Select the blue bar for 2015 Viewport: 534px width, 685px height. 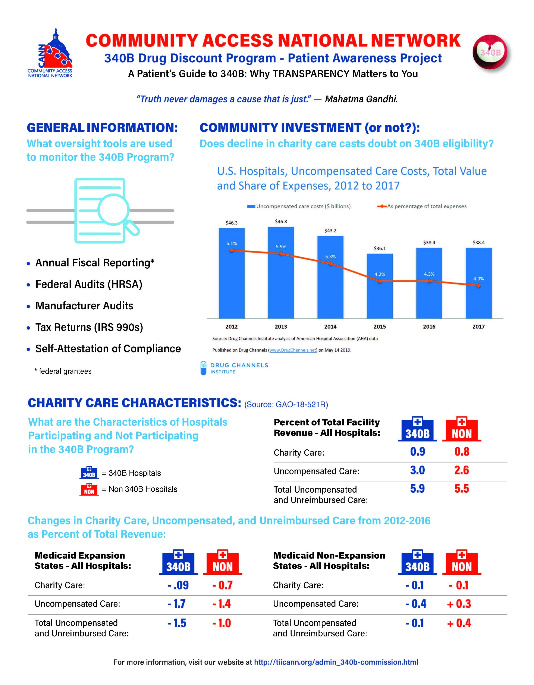click(380, 285)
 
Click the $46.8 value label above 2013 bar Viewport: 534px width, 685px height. click(281, 221)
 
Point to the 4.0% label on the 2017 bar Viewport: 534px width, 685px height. click(478, 278)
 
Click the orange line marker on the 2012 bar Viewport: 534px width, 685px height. click(232, 250)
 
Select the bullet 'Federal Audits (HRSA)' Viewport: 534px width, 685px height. click(89, 284)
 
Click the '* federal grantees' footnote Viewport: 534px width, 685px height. click(63, 371)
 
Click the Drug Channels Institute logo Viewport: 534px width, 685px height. click(235, 368)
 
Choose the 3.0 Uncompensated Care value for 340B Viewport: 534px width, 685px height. click(417, 470)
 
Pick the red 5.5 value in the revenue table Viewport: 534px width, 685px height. click(462, 489)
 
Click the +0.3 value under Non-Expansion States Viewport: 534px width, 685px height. click(459, 604)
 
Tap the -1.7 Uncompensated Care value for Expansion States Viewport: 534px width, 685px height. click(177, 604)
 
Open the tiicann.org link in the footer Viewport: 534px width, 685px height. click(336, 662)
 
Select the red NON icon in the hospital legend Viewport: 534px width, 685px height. click(89, 489)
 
